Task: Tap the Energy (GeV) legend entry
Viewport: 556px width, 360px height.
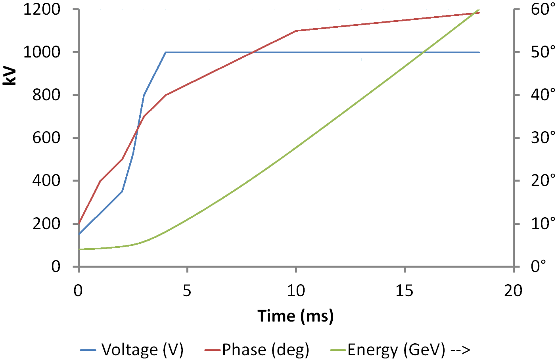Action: tap(408, 350)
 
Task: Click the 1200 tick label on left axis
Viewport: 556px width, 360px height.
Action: tap(42, 10)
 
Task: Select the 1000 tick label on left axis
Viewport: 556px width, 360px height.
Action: tap(42, 52)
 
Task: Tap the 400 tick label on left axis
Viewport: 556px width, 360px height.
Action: tap(46, 181)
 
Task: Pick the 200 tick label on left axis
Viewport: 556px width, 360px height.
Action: tap(46, 224)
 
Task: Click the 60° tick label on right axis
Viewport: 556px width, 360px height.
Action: tap(543, 10)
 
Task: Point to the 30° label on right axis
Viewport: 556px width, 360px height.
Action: tap(543, 138)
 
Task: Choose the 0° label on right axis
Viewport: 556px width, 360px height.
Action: tap(539, 266)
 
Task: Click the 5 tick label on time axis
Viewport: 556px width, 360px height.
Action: tap(187, 291)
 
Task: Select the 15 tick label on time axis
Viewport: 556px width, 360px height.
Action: tap(405, 291)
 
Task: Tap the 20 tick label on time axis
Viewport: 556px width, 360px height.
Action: tap(513, 291)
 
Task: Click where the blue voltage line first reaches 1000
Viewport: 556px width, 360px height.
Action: tap(166, 52)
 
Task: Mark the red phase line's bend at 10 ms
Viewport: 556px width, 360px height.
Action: tap(296, 31)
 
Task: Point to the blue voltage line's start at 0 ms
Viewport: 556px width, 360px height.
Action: tap(79, 234)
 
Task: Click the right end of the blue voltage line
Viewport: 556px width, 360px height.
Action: tap(479, 52)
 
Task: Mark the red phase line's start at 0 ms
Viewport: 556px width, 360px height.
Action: tap(79, 223)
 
